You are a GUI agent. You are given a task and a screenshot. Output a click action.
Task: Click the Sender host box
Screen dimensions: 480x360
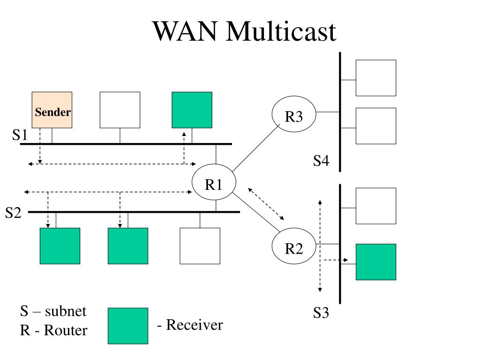[52, 110]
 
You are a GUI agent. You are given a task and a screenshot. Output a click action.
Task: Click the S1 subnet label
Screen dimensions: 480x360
[20, 135]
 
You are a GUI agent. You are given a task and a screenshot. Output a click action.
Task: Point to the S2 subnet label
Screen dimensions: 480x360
[13, 213]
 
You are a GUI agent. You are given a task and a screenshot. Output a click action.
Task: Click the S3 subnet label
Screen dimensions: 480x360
[321, 313]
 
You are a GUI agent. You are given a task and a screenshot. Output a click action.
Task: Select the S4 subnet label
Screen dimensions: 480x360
[321, 161]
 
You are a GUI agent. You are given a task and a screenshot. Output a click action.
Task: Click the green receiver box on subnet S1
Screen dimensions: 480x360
[192, 110]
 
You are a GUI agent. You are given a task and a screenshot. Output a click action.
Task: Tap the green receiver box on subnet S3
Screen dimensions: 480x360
[376, 262]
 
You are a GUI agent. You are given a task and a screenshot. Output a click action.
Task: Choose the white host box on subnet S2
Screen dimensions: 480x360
[200, 246]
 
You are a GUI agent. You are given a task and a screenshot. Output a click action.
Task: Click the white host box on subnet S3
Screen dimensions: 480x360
[376, 206]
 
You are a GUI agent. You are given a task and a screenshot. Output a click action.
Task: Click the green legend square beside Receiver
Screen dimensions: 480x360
[128, 326]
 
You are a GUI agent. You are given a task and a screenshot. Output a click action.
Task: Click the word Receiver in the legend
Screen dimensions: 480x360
[195, 325]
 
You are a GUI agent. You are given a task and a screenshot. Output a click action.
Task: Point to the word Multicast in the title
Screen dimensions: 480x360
[281, 31]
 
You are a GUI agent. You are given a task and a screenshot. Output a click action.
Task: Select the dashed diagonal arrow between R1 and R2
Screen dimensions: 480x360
[266, 204]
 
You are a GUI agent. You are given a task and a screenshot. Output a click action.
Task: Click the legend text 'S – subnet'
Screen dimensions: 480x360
[53, 311]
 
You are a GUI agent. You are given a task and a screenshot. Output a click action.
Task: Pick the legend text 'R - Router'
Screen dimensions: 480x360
[53, 330]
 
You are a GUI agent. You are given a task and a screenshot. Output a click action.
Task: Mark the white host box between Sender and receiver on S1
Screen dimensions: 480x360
[120, 110]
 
